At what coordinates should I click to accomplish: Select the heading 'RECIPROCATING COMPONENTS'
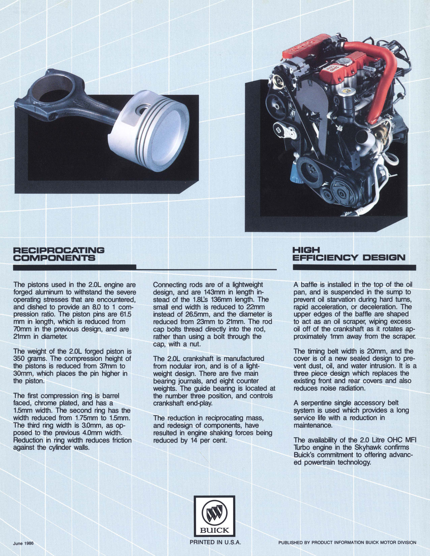point(59,254)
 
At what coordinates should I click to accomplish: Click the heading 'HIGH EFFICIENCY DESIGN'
point(349,254)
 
